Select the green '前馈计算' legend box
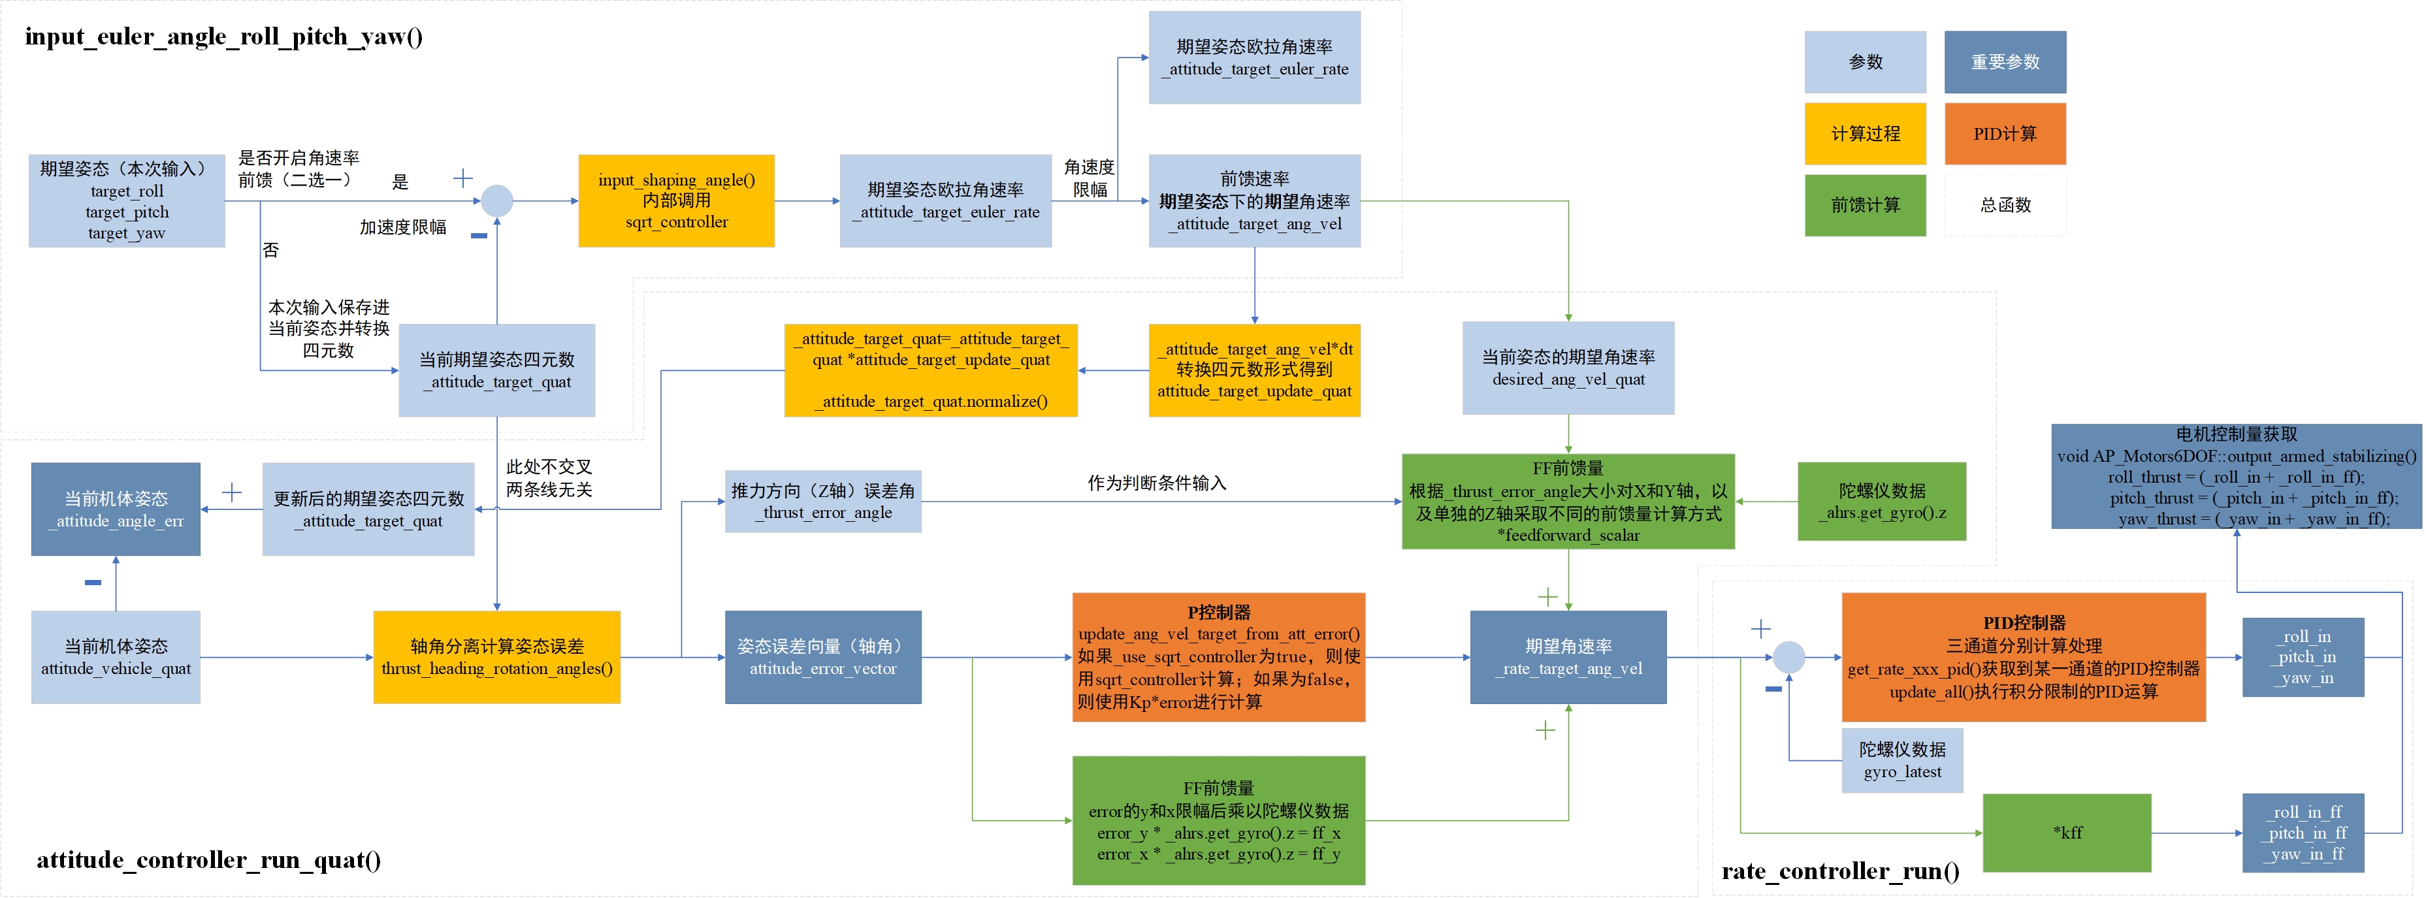click(1865, 205)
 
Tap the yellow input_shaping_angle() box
click(676, 200)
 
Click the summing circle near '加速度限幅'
click(496, 200)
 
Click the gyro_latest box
click(1901, 760)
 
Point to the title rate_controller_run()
click(1839, 871)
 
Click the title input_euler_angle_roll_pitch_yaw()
click(223, 37)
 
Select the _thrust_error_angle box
click(822, 502)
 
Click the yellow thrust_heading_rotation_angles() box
click(496, 657)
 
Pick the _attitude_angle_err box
click(116, 509)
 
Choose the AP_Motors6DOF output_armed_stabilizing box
click(2236, 476)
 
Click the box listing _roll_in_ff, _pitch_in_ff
click(2303, 832)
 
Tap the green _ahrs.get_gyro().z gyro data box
click(1881, 502)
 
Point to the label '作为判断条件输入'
click(1156, 483)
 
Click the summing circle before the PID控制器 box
click(1788, 657)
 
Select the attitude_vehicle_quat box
click(116, 657)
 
